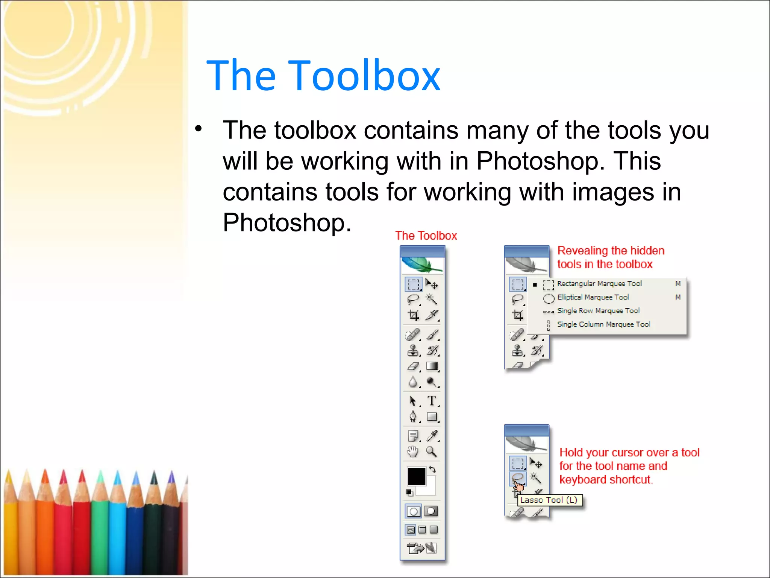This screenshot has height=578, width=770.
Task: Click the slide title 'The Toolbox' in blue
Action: [x=323, y=76]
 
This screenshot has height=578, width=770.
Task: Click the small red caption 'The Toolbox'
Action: [x=426, y=236]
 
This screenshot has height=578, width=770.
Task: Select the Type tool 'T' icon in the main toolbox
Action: [x=432, y=401]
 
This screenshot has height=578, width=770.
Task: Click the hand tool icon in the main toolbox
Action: [x=413, y=451]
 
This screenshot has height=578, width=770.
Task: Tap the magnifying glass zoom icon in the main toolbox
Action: [x=431, y=451]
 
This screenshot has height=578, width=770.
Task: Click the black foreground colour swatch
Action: [x=416, y=476]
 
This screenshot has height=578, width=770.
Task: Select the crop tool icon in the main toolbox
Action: [x=414, y=315]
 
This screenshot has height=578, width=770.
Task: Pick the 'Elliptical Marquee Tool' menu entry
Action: [x=593, y=297]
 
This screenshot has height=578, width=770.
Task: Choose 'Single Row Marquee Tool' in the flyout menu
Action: [x=598, y=311]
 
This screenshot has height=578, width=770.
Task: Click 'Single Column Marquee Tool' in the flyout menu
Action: [x=603, y=324]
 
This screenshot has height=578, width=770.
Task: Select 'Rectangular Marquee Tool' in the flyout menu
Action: [x=599, y=284]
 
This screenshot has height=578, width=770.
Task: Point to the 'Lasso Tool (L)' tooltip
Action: [x=549, y=500]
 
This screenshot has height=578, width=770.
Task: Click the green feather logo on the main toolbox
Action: [x=422, y=265]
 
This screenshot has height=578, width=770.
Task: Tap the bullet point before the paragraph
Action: [x=199, y=129]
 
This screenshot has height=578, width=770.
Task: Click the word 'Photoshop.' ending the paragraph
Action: [x=287, y=222]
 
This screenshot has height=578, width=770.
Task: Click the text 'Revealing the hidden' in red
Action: [x=611, y=251]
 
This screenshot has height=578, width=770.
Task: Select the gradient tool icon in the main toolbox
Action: [x=432, y=366]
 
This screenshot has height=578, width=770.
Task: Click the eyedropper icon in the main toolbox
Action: [x=432, y=436]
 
